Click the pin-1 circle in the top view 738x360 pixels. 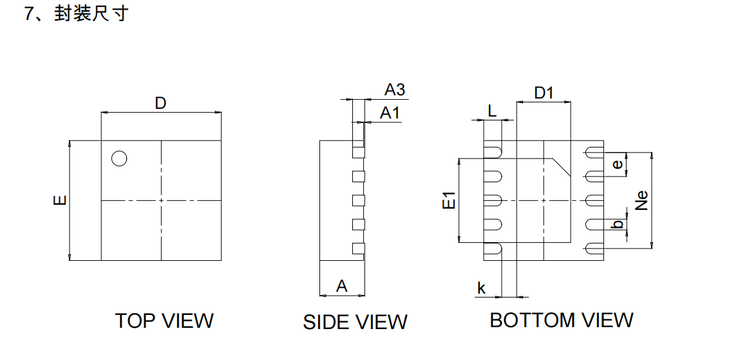pos(119,158)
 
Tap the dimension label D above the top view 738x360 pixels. pos(160,102)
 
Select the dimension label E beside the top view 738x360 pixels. pos(59,200)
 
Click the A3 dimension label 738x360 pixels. pos(395,90)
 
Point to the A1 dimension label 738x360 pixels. pos(390,113)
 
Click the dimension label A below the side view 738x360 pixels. pos(342,286)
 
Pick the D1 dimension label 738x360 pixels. pos(544,93)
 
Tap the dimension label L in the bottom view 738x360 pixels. pos(492,111)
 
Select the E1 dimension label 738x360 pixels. pos(449,200)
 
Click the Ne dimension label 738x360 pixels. pos(641,200)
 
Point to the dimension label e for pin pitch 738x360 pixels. pos(618,164)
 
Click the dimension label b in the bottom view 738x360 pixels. pos(618,224)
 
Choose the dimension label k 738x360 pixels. pos(481,288)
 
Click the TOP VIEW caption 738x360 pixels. pos(164,320)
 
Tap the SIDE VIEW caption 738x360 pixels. pos(355,321)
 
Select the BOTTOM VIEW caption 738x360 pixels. pos(562,319)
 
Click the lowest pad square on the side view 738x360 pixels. pos(358,248)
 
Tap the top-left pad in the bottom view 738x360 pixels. pos(493,151)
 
